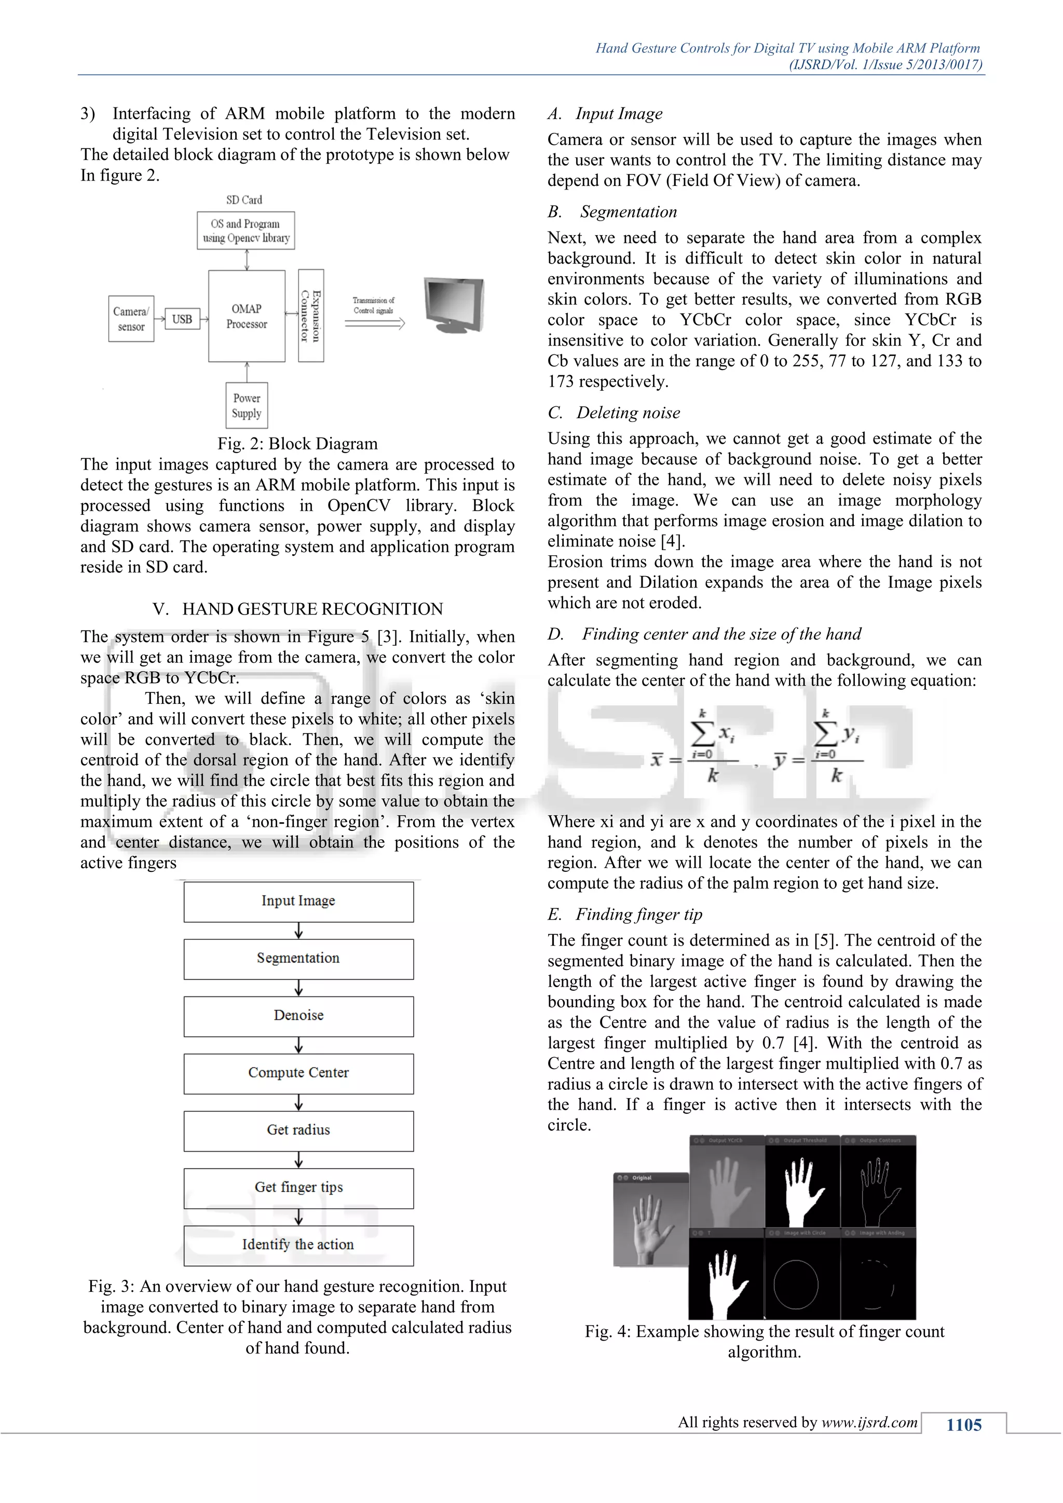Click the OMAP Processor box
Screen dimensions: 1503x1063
[x=247, y=316]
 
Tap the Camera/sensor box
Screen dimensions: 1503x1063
[x=131, y=319]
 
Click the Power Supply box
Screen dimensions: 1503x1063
[x=247, y=405]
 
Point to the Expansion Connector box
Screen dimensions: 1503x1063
[x=310, y=316]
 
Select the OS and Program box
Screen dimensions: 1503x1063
[x=246, y=230]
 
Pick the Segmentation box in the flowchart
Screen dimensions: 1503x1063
[x=298, y=959]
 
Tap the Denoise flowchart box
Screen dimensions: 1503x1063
[x=298, y=1015]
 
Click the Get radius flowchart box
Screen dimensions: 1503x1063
[x=298, y=1130]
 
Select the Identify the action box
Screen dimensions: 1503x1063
[x=298, y=1245]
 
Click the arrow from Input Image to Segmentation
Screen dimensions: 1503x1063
[x=298, y=930]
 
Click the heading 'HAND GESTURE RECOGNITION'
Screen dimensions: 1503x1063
[x=312, y=609]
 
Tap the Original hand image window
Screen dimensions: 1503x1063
[x=651, y=1220]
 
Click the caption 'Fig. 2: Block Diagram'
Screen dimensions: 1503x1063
[x=297, y=444]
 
